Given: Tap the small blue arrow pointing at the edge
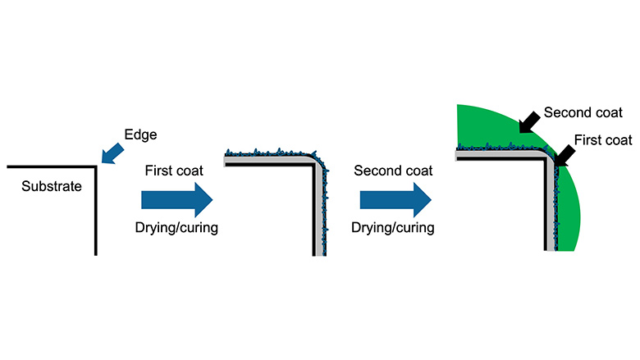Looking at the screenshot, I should click(112, 151).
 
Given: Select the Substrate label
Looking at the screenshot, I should click(53, 186).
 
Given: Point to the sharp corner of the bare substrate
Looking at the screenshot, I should click(96, 167).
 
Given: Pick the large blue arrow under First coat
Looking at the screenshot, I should click(176, 199).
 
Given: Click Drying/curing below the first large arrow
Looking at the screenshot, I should click(176, 228).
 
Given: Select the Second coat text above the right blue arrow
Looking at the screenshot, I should click(395, 171).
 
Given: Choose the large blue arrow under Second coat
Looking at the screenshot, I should click(395, 199).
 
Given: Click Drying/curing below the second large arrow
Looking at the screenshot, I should click(395, 228).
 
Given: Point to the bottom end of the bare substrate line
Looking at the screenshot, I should click(96, 253).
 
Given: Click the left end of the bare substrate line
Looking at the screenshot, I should click(8, 167).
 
